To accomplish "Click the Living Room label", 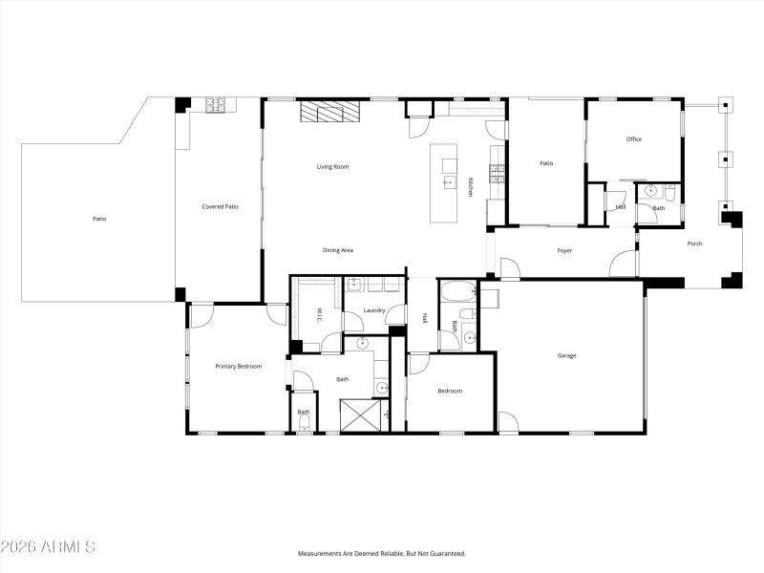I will pyautogui.click(x=333, y=167).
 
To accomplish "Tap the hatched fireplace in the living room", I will pyautogui.click(x=331, y=113).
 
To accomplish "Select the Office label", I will pyautogui.click(x=633, y=139).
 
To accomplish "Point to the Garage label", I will pyautogui.click(x=566, y=356).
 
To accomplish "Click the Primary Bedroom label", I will pyautogui.click(x=238, y=366).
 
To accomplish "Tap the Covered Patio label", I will pyautogui.click(x=220, y=206).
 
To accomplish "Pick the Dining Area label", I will pyautogui.click(x=338, y=250).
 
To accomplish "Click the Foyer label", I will pyautogui.click(x=564, y=251).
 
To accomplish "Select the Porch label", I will pyautogui.click(x=694, y=244).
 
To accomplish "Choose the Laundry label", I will pyautogui.click(x=374, y=310).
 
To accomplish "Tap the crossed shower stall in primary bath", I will pyautogui.click(x=363, y=415).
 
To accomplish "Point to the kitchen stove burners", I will pyautogui.click(x=497, y=173).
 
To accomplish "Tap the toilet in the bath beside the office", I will pyautogui.click(x=669, y=195).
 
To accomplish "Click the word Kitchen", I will pyautogui.click(x=471, y=187).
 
